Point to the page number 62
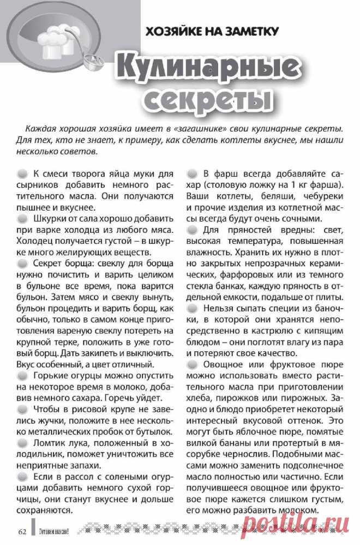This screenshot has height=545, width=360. pyautogui.click(x=22, y=532)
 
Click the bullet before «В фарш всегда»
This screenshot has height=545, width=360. pyautogui.click(x=193, y=174)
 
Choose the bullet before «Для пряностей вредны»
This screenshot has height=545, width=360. pyautogui.click(x=193, y=230)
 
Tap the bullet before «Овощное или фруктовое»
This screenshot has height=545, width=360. pyautogui.click(x=193, y=365)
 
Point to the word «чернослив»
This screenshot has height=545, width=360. pyautogui.click(x=236, y=454)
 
